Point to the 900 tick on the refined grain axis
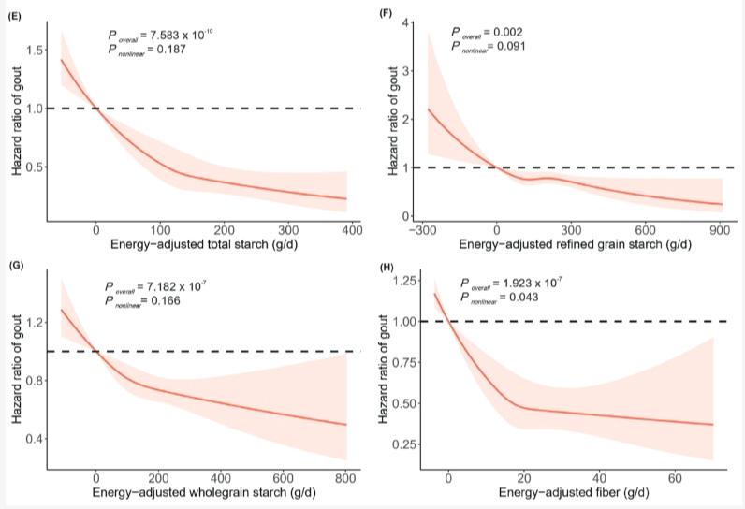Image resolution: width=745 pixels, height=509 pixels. [x=718, y=229]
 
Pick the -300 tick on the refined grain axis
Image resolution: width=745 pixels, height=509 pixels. [x=422, y=229]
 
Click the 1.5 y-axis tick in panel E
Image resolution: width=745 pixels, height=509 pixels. [x=33, y=50]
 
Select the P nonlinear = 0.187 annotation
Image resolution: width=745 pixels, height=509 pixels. [x=154, y=50]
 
